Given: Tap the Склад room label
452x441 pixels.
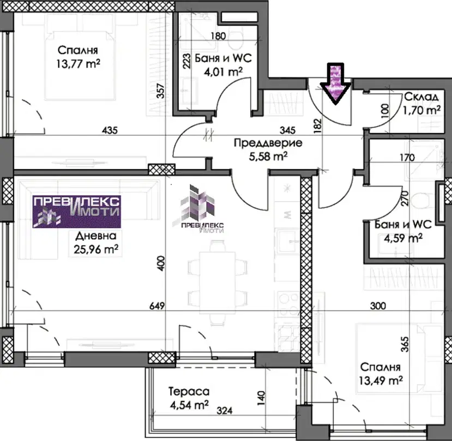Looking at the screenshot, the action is [x=421, y=97].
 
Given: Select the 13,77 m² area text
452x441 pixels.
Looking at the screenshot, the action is [x=78, y=63].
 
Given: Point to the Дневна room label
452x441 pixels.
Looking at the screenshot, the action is [x=96, y=236].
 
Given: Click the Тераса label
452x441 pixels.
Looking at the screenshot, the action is [x=189, y=392].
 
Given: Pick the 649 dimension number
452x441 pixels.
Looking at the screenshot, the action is [x=157, y=306].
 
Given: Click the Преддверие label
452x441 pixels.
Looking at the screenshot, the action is [x=268, y=143].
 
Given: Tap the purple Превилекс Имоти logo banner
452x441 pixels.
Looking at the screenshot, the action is [x=77, y=212].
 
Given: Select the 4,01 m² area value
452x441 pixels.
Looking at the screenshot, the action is [x=223, y=71].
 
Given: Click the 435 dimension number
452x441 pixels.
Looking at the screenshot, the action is [x=110, y=130].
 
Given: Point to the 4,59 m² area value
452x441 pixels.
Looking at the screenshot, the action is [x=403, y=238].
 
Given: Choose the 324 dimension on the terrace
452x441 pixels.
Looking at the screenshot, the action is [x=225, y=410].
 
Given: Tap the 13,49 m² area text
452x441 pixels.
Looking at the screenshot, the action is [x=381, y=380].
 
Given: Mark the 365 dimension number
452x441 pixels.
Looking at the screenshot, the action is [x=405, y=344].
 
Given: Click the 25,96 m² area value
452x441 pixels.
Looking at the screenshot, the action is [x=96, y=249].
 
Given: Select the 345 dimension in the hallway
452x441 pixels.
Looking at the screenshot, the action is [x=287, y=130].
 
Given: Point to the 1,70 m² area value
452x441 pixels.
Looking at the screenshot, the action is [x=421, y=110].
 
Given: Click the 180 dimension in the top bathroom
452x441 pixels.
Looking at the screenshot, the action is [x=218, y=36].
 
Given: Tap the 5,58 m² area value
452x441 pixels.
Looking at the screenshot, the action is [x=268, y=157].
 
